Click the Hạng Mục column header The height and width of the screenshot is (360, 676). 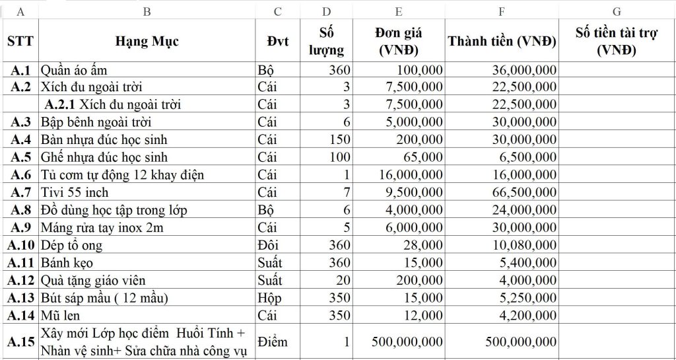(x=147, y=41)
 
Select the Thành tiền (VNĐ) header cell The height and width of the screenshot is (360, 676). (x=502, y=41)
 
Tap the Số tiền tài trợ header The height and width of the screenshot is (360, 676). (x=616, y=41)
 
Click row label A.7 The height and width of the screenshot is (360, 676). (x=21, y=192)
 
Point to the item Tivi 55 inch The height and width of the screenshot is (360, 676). (x=75, y=192)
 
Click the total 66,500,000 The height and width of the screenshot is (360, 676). (x=524, y=192)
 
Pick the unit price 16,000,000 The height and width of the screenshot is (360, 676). (x=411, y=175)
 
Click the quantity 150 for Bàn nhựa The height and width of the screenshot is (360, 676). (x=339, y=139)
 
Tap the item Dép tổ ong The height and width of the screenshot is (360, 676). (x=72, y=245)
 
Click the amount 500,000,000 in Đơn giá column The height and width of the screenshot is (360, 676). (x=407, y=342)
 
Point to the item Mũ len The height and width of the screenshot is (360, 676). (x=61, y=315)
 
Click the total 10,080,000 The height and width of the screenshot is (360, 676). (x=524, y=245)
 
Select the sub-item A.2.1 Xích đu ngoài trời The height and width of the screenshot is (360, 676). (x=113, y=104)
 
